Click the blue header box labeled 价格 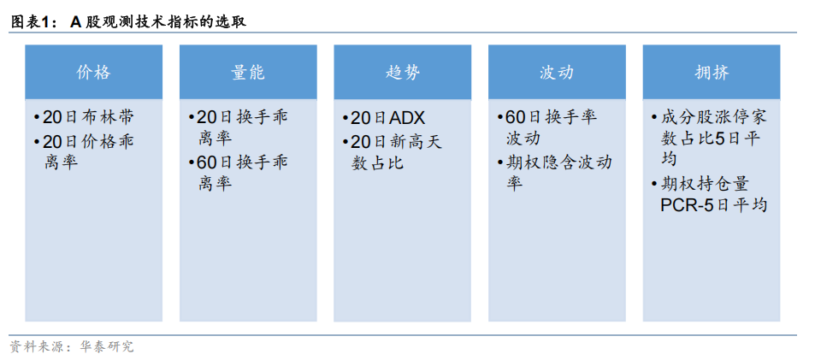(x=93, y=72)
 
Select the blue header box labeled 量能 (x=247, y=72)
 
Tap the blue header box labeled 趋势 (x=402, y=72)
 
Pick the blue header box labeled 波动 (x=556, y=72)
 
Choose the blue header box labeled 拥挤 (x=711, y=72)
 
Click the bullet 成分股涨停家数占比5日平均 (x=709, y=138)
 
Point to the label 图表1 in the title (x=32, y=22)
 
